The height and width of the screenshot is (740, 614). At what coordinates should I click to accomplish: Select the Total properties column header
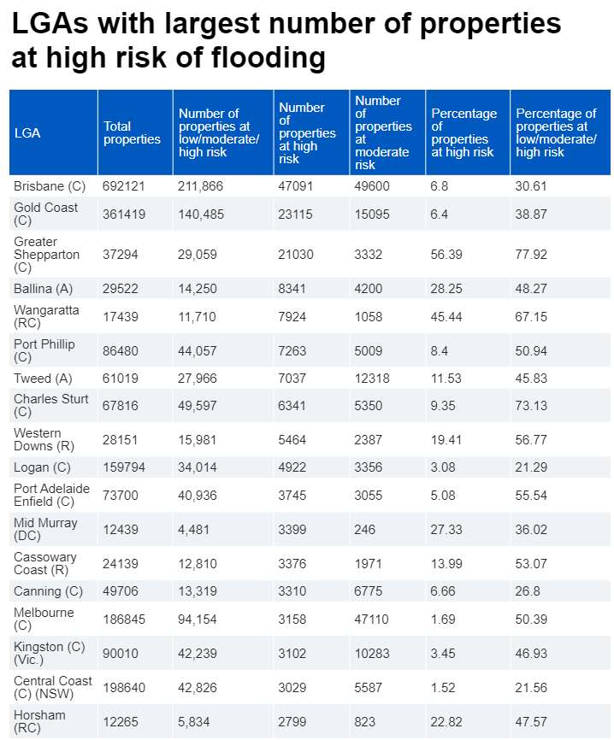pyautogui.click(x=132, y=132)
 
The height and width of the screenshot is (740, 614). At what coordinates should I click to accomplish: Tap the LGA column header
pyautogui.click(x=27, y=132)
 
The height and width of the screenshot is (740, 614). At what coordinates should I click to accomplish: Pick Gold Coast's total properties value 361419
pyautogui.click(x=124, y=214)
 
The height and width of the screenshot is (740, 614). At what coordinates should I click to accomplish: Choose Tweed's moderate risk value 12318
pyautogui.click(x=372, y=378)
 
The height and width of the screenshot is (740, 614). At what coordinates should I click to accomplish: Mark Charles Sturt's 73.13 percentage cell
pyautogui.click(x=532, y=405)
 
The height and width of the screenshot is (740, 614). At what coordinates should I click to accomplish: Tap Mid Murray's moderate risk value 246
pyautogui.click(x=366, y=529)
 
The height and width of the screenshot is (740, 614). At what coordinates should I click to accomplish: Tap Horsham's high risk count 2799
pyautogui.click(x=293, y=721)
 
